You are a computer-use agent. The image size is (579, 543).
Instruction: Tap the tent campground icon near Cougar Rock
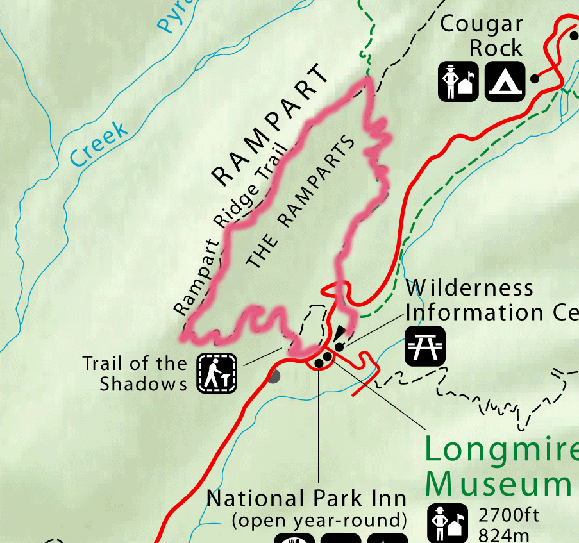pos(505,81)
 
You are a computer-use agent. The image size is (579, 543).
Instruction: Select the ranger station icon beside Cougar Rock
pos(459,81)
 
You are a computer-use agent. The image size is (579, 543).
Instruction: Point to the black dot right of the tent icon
pos(534,79)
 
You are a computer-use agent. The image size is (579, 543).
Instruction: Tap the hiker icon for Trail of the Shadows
pos(217,373)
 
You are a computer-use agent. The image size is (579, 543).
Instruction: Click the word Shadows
pos(143,384)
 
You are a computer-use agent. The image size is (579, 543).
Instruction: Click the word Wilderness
pos(469,288)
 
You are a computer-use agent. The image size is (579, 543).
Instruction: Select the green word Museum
pos(499,484)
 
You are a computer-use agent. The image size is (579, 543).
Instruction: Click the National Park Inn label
pos(306,498)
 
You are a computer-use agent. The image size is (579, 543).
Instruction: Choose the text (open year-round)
pos(319,519)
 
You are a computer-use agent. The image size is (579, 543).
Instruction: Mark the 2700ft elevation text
pos(509,515)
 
